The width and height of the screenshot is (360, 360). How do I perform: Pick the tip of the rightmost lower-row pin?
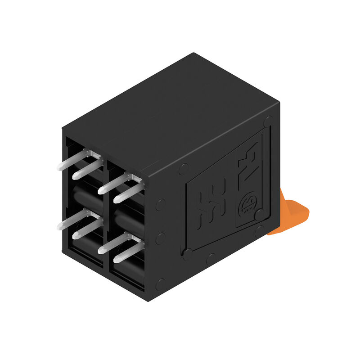point(117,260)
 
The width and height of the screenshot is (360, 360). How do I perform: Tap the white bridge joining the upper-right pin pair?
point(135,180)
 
